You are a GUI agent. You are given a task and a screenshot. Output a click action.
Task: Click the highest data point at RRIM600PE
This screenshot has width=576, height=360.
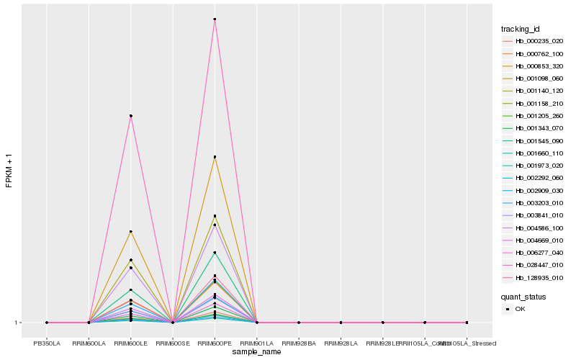click(x=215, y=19)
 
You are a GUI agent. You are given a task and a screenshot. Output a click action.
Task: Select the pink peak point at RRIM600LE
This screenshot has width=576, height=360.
click(x=130, y=115)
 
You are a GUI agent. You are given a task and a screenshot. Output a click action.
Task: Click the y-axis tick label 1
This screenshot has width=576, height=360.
click(x=17, y=323)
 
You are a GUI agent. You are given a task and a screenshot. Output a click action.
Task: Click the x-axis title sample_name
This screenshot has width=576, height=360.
click(x=256, y=352)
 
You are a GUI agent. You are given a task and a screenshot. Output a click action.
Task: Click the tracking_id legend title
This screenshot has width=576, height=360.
click(x=521, y=29)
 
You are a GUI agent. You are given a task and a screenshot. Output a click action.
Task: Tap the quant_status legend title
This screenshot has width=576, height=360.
click(x=523, y=296)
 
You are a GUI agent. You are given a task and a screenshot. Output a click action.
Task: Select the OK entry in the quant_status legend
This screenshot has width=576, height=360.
click(x=520, y=308)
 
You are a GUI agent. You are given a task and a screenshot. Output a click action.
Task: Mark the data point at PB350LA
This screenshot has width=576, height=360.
click(x=47, y=323)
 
